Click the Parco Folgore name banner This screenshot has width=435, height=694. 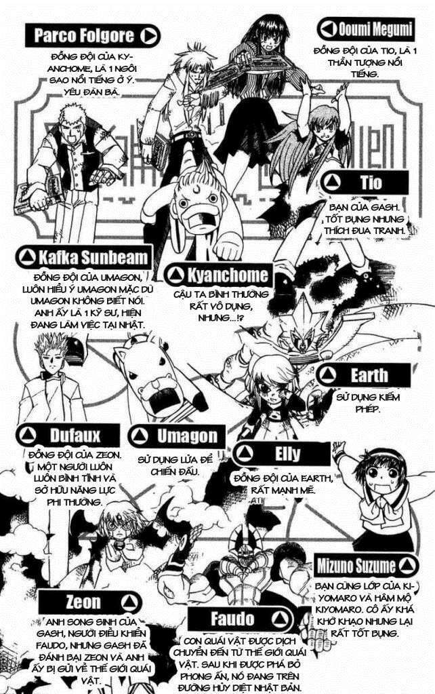[91, 35]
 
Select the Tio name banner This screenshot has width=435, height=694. [366, 182]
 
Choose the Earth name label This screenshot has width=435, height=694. [366, 374]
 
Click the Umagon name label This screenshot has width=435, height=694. [174, 436]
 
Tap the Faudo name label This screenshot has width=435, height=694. [234, 618]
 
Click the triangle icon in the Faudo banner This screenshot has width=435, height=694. [278, 618]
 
